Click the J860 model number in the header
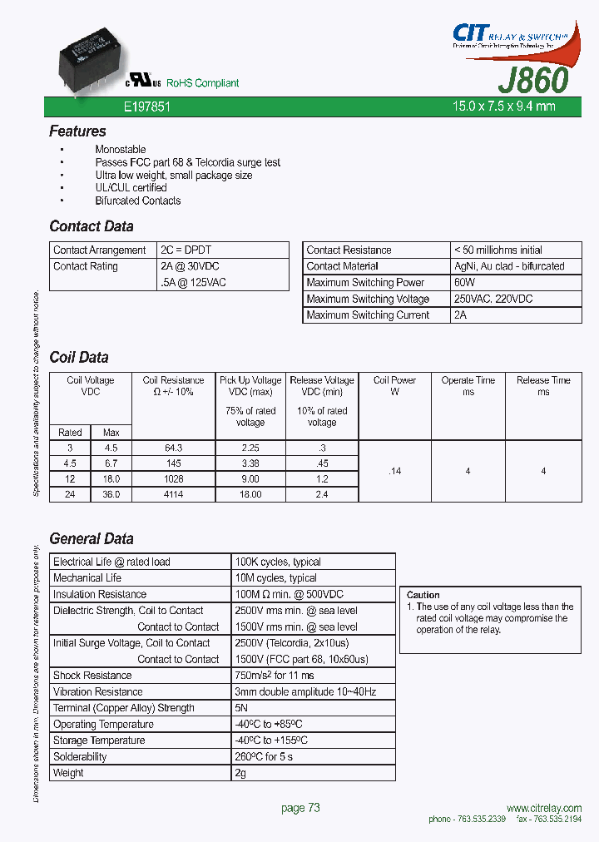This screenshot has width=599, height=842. (x=532, y=79)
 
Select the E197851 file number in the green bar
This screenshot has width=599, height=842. (x=146, y=107)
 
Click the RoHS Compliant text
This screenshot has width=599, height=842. (x=202, y=83)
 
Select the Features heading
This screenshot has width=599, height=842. (x=77, y=131)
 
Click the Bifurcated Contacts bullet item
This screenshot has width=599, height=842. (x=137, y=201)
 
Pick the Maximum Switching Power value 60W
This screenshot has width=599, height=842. (x=465, y=283)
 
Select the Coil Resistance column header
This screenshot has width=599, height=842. (x=173, y=386)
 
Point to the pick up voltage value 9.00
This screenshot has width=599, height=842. (x=250, y=479)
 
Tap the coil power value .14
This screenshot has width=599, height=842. (x=394, y=471)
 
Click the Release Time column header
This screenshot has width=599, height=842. (x=543, y=386)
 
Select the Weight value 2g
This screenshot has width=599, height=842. (x=242, y=773)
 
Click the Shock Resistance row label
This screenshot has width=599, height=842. (x=92, y=676)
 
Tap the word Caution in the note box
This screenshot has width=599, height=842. (x=423, y=595)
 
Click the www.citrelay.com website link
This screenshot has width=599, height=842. (x=543, y=808)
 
